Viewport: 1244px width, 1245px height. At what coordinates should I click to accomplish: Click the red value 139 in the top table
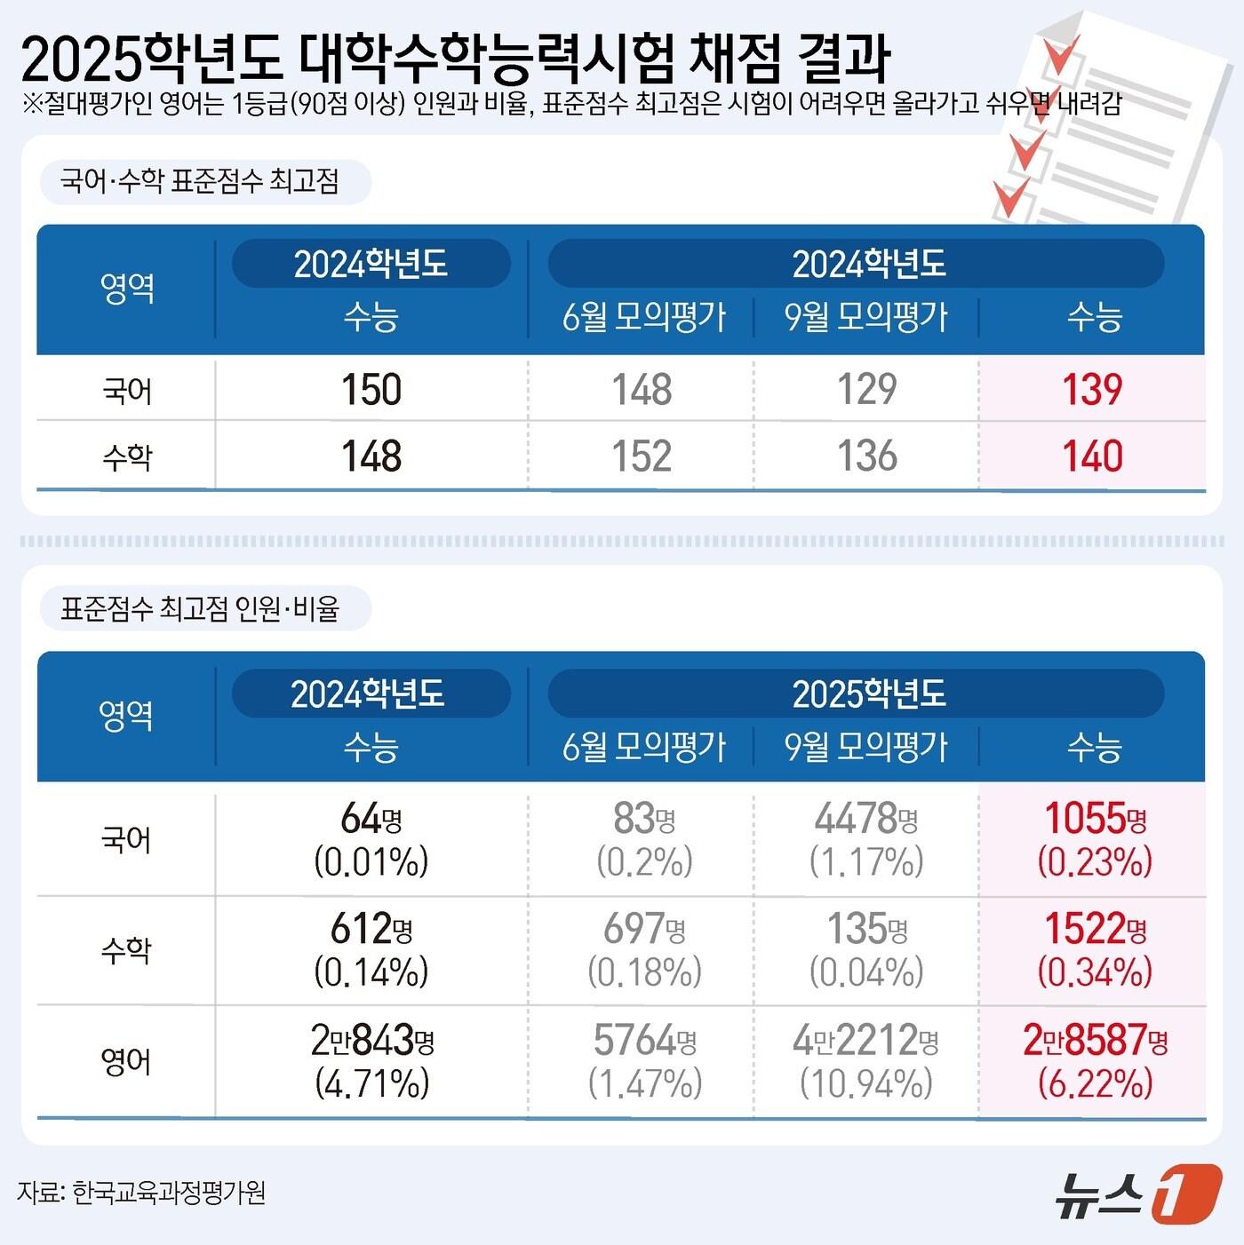(x=1092, y=390)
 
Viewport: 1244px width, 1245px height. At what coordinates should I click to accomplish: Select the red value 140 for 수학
(x=1092, y=456)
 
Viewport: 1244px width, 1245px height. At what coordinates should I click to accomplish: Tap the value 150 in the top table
(x=371, y=390)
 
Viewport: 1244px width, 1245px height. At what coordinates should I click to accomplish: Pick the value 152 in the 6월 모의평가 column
(x=642, y=456)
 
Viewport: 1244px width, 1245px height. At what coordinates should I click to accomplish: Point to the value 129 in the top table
(x=866, y=390)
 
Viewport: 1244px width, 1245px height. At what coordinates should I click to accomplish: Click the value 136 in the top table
(x=866, y=456)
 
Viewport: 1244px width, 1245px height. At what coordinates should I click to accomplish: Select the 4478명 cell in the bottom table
(x=866, y=819)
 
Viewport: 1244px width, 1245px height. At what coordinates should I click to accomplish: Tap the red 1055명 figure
(x=1095, y=819)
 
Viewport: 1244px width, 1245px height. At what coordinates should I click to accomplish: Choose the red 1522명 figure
(x=1095, y=929)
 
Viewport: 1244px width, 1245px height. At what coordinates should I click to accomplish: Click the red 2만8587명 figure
(x=1095, y=1040)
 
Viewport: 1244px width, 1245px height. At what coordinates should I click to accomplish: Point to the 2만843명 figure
(x=371, y=1040)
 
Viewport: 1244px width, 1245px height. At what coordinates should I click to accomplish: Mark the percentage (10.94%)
(x=866, y=1082)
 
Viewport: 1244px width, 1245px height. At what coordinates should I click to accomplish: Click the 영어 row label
(x=127, y=1061)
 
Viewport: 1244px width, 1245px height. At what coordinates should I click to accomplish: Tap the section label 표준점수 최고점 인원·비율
(x=200, y=608)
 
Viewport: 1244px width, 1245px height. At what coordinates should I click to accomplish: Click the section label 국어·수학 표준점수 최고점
(x=200, y=182)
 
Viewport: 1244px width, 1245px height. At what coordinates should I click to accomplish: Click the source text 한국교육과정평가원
(x=169, y=1192)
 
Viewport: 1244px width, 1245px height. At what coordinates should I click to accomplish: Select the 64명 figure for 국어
(x=371, y=819)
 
